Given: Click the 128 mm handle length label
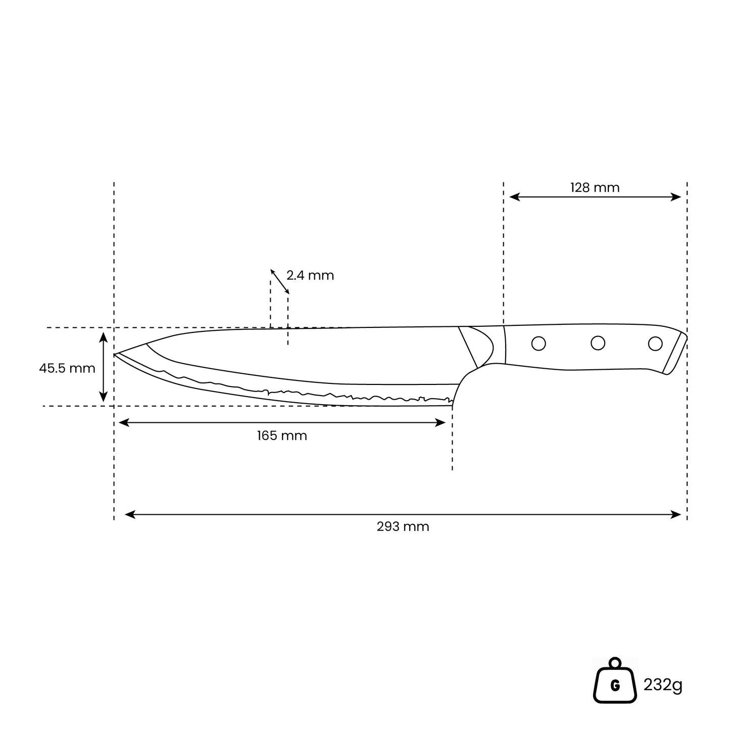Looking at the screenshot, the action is coord(595,187).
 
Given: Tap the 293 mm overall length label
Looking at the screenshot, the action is coord(403,526).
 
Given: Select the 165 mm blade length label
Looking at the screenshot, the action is coord(282,435).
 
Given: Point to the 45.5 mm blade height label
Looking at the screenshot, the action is coord(67,368).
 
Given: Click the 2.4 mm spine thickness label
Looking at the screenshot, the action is coord(310,275).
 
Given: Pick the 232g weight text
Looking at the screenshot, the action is coord(663,685).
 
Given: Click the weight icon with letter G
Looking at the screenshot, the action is coord(615,686).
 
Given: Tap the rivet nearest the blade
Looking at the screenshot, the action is coord(539,344).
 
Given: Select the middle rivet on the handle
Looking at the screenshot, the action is coord(598,343).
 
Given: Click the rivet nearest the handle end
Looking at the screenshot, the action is coord(655,344).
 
